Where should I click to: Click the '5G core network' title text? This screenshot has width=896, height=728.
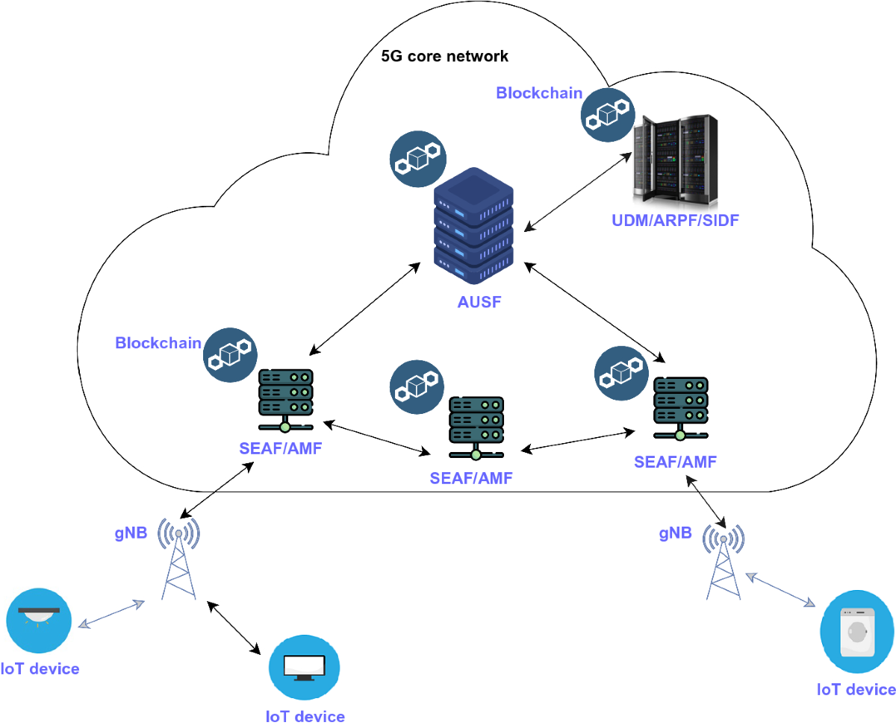click(444, 56)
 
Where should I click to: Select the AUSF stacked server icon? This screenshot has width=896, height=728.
click(474, 227)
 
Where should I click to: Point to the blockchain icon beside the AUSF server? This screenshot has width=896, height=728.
click(418, 159)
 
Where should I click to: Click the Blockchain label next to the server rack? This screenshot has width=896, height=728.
click(539, 93)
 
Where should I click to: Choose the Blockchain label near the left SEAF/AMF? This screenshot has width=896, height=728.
click(158, 342)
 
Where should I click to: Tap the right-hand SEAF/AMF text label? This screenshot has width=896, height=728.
click(675, 462)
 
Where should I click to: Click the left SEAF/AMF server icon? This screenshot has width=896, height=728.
click(285, 401)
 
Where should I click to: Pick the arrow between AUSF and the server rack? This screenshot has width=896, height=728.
click(577, 192)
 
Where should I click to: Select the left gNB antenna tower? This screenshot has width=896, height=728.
click(178, 560)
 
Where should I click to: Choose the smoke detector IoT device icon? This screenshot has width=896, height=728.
click(39, 618)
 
